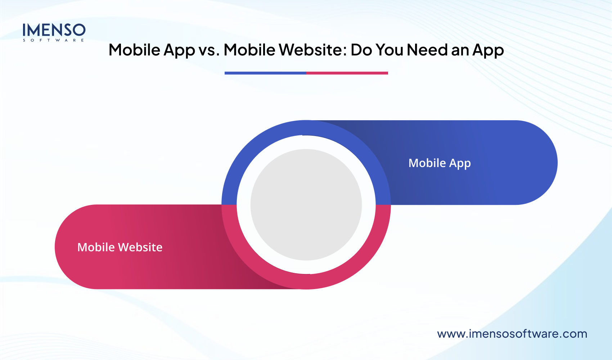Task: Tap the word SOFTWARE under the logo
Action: pyautogui.click(x=54, y=40)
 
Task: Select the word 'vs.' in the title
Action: pyautogui.click(x=209, y=50)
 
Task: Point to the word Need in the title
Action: pyautogui.click(x=427, y=50)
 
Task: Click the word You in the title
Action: pyautogui.click(x=389, y=50)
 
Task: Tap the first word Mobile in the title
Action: pyautogui.click(x=134, y=50)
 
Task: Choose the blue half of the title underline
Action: pyautogui.click(x=265, y=73)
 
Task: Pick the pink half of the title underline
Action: pyautogui.click(x=347, y=73)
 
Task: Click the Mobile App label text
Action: pyautogui.click(x=440, y=163)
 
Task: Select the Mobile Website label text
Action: pyautogui.click(x=120, y=247)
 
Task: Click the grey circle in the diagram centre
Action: pyautogui.click(x=306, y=204)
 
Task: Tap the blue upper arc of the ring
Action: pyautogui.click(x=306, y=127)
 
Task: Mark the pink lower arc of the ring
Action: pyautogui.click(x=306, y=282)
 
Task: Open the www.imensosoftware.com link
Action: pyautogui.click(x=512, y=334)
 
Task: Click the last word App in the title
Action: pyautogui.click(x=488, y=50)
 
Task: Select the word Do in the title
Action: pyautogui.click(x=361, y=50)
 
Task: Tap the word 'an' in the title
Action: pyautogui.click(x=460, y=50)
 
